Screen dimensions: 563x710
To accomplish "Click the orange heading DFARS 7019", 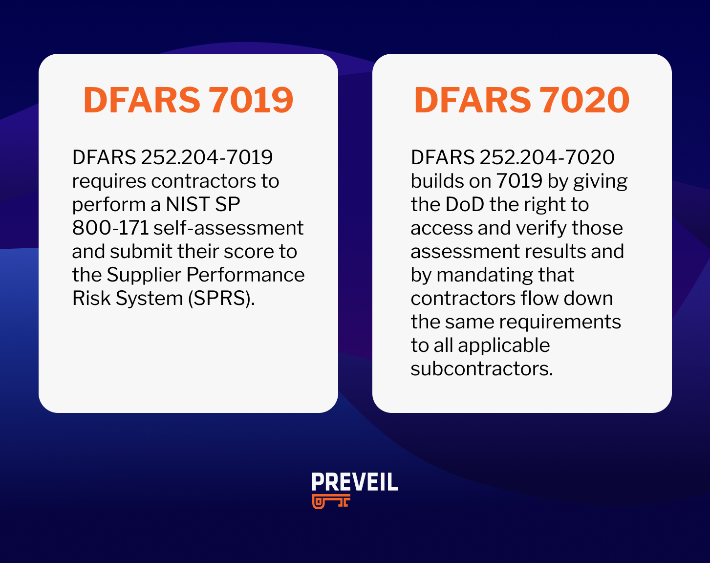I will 188,100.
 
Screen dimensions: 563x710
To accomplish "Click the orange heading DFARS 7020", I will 521,100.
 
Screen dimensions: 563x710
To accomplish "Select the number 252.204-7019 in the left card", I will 207,157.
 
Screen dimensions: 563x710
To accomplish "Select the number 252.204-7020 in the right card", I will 547,157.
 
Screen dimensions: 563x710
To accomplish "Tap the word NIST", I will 188,204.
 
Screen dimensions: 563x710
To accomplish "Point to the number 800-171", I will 110,228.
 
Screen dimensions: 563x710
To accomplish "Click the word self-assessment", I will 229,228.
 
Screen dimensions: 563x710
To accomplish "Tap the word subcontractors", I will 481,369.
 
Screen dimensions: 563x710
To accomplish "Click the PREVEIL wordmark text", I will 355,482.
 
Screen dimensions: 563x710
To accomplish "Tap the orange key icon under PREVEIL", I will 331,501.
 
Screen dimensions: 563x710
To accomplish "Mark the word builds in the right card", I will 436,181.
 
